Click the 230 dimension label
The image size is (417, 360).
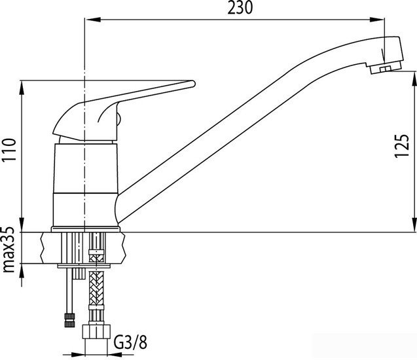click(x=240, y=8)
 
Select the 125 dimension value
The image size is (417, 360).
click(x=401, y=146)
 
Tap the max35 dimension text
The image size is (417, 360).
click(x=8, y=249)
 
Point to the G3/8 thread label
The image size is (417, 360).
click(x=130, y=342)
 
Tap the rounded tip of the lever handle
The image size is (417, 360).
click(x=192, y=84)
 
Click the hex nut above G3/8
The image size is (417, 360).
click(x=96, y=332)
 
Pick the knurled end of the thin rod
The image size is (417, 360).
click(x=69, y=320)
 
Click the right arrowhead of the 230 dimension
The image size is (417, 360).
click(x=377, y=20)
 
